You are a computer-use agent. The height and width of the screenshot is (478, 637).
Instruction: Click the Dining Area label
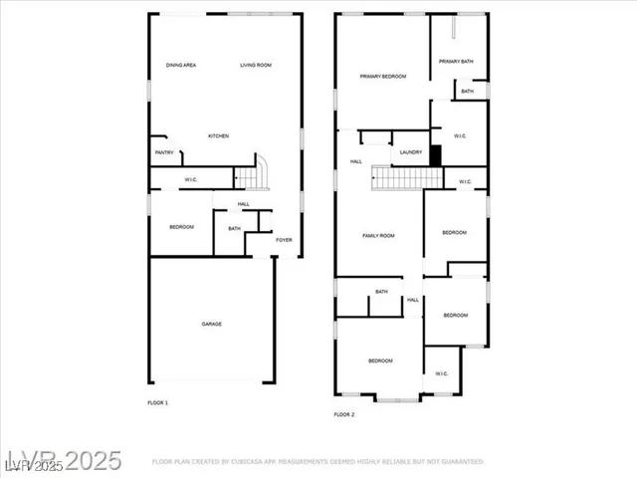point(181,66)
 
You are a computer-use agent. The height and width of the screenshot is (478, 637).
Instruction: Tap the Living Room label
point(256,66)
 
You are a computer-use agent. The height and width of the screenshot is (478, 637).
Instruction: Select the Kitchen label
point(218,136)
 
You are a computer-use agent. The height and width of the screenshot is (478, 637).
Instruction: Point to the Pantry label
point(164,152)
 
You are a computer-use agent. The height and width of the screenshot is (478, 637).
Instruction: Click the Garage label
point(212,325)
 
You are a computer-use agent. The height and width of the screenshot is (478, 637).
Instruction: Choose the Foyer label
point(285,240)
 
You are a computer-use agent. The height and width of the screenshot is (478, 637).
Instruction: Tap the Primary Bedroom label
point(382,77)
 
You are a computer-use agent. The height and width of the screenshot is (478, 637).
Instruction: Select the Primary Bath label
point(457,62)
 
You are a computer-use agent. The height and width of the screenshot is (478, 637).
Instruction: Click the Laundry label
point(411,152)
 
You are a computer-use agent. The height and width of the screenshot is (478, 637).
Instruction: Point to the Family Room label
point(378,236)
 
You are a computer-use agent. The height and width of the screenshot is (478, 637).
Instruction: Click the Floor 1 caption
point(158,403)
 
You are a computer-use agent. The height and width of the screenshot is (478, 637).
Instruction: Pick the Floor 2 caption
point(344,414)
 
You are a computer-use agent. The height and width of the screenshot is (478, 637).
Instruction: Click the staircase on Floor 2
point(407,178)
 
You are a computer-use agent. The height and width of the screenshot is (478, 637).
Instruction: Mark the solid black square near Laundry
point(435,155)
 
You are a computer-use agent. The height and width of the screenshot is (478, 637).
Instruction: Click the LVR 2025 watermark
point(62,461)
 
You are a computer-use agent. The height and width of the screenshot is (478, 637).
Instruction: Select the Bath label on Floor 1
point(234,229)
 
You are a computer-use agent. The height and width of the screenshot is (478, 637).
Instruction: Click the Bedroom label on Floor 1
point(181,228)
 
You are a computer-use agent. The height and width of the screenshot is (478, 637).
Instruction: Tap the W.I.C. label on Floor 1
point(191,180)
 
